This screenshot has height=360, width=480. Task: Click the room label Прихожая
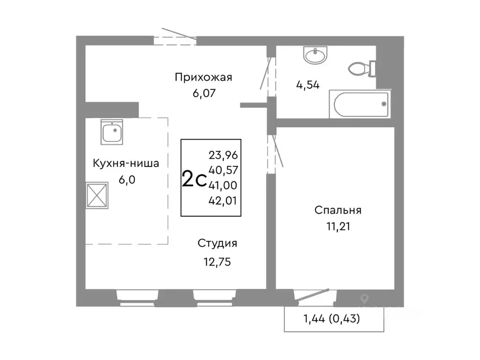[203, 77]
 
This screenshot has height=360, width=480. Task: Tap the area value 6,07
[203, 93]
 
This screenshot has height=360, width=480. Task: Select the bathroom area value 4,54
[307, 85]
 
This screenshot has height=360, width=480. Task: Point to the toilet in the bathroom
[361, 69]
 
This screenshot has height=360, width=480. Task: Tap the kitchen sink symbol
[112, 132]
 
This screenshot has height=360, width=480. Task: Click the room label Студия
[217, 243]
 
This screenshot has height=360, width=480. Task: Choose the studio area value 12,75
[217, 262]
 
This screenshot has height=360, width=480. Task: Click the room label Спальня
[338, 210]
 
